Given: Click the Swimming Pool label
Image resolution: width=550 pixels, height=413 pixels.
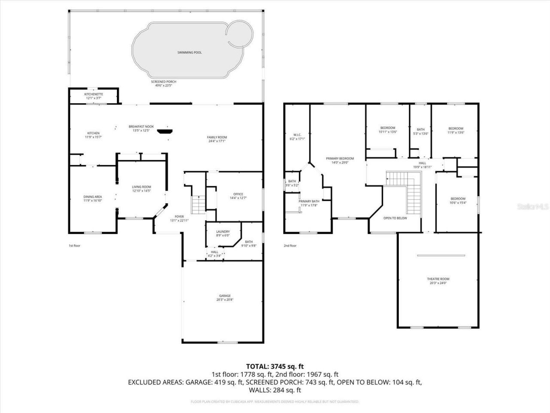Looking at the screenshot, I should (189, 52).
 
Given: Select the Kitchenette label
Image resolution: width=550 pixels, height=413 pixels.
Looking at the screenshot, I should (93, 94).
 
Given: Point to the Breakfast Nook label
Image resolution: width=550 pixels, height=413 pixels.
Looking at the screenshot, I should (139, 126).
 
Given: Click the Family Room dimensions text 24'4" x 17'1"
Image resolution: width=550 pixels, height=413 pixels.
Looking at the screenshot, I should (217, 141).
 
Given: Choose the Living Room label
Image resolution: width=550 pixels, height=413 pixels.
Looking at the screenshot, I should (141, 187).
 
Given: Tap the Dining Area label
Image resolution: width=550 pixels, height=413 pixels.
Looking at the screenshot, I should (92, 197).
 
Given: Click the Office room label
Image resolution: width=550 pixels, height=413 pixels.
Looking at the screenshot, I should (238, 194).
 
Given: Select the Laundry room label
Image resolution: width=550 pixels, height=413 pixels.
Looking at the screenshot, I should (223, 231).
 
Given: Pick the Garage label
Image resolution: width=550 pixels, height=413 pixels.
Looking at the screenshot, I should (225, 296).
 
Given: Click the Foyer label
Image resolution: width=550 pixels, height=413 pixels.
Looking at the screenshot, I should (179, 216).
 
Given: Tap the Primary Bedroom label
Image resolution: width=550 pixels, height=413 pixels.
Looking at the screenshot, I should (340, 158).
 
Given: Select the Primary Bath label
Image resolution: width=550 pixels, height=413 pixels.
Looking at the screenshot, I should (309, 201).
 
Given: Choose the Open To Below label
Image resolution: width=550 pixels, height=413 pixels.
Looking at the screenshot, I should (395, 218).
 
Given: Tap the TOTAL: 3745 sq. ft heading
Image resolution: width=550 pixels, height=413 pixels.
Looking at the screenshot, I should (275, 366).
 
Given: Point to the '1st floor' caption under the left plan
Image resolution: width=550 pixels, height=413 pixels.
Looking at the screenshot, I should (74, 246).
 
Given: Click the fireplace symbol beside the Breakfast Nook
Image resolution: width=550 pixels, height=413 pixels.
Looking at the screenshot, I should (164, 131).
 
